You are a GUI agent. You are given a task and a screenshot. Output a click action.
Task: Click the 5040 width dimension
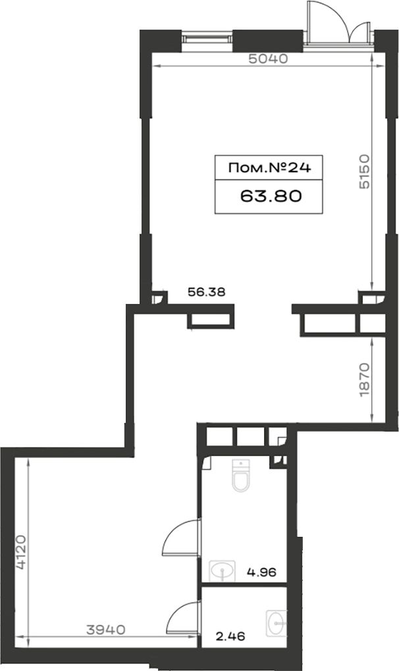(x=269, y=59)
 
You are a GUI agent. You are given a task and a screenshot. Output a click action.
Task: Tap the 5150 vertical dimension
(x=363, y=172)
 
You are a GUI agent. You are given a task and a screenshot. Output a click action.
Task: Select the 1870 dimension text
(x=364, y=380)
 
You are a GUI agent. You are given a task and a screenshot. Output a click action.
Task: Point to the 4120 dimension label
(x=21, y=552)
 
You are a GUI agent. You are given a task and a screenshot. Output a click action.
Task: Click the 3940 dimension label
(x=106, y=630)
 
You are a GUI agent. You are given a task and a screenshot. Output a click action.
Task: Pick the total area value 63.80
(x=271, y=196)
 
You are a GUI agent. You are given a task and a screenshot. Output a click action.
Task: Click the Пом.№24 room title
(x=269, y=168)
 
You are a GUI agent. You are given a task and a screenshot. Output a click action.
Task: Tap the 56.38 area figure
(x=207, y=292)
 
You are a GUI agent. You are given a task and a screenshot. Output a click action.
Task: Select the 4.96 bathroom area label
(x=261, y=572)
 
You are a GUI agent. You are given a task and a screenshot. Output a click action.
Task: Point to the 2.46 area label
(x=230, y=636)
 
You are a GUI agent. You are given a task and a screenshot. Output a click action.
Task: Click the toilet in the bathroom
(x=240, y=474)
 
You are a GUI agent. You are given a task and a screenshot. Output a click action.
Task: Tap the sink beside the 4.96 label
(x=222, y=571)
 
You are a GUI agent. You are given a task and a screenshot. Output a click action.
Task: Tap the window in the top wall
(x=207, y=38)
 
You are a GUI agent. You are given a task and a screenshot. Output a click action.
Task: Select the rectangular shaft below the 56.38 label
(x=211, y=320)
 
